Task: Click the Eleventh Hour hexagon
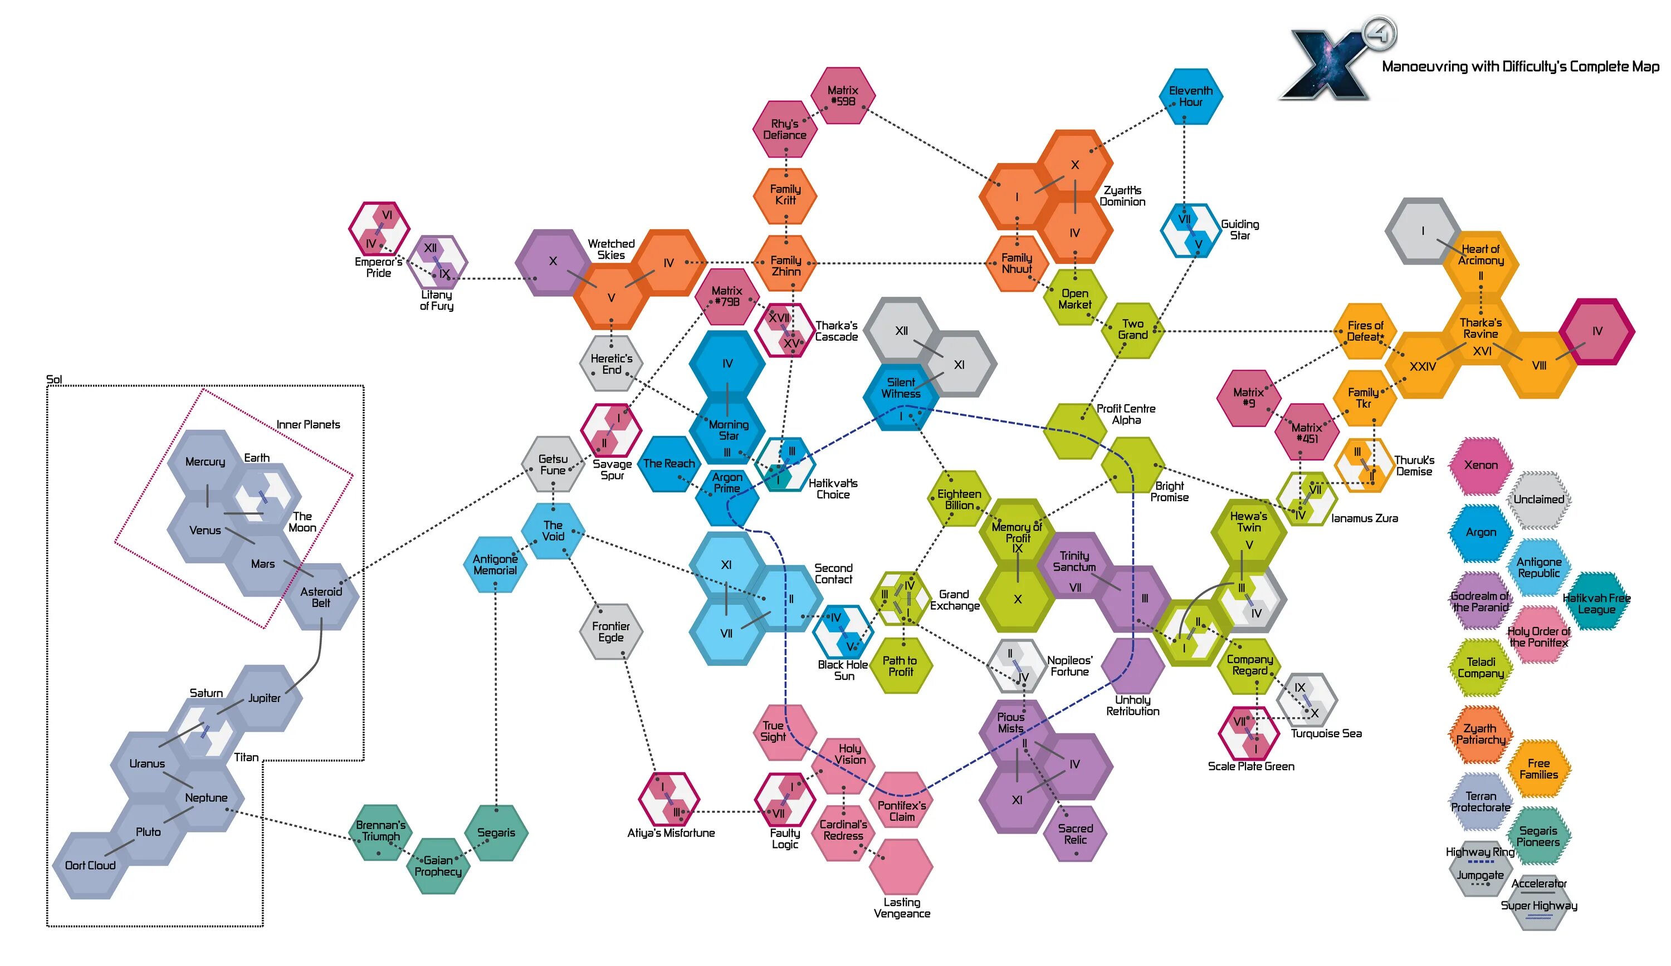pos(1190,97)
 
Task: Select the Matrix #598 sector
pos(842,95)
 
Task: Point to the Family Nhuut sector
pos(1017,263)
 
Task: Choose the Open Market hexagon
pos(1074,298)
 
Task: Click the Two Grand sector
pos(1132,330)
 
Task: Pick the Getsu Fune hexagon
pos(553,464)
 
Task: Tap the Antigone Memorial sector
pos(495,564)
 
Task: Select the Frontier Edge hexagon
pos(610,631)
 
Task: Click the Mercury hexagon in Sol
pos(205,462)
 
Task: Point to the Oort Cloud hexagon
pos(90,865)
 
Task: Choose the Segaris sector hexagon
pos(496,833)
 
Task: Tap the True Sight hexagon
pos(773,731)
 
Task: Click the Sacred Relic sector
pos(1075,834)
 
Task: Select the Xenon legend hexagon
pos(1481,465)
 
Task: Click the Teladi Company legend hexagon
pos(1481,668)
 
